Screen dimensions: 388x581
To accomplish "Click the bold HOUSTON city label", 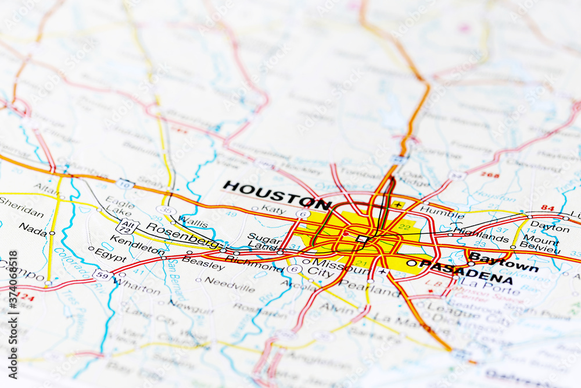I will (277, 195).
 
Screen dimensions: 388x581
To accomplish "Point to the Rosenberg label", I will (182, 234).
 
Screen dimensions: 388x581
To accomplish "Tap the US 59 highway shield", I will (102, 275).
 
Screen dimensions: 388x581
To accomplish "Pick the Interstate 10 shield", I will (125, 184).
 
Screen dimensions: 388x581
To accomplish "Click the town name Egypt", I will (110, 255).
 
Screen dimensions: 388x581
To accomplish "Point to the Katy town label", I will (273, 209).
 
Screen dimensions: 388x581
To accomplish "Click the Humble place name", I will (433, 211).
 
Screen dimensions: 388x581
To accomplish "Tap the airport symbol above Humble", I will (397, 204).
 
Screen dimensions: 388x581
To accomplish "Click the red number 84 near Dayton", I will (547, 207).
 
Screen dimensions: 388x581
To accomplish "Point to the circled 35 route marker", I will (166, 210).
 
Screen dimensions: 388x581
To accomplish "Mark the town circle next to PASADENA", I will (411, 263).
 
